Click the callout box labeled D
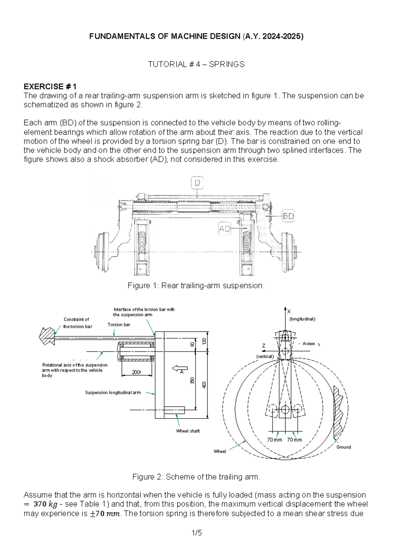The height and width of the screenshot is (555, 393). click(x=197, y=183)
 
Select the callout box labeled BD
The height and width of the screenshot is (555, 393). click(x=288, y=216)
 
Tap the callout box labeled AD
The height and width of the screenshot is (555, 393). click(x=225, y=229)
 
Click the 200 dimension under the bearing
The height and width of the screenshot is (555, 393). click(x=136, y=372)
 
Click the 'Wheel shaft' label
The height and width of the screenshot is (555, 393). click(x=188, y=431)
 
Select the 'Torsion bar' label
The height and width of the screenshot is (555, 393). click(x=119, y=325)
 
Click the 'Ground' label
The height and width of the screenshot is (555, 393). click(x=344, y=447)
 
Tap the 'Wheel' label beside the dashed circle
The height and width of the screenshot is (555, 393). click(x=220, y=451)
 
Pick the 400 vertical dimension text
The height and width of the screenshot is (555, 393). click(x=204, y=385)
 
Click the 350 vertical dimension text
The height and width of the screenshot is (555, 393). click(x=192, y=381)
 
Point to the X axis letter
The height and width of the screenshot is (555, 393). click(x=289, y=312)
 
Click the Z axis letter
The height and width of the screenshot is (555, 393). click(x=264, y=346)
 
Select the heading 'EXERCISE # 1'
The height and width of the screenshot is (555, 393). click(x=50, y=86)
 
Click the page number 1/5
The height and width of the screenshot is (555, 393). click(x=196, y=533)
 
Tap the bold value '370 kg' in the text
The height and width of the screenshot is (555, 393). click(x=45, y=504)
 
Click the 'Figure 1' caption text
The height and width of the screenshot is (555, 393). click(x=196, y=286)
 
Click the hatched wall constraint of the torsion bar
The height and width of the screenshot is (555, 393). click(x=46, y=336)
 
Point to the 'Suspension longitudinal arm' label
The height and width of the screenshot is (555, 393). click(x=113, y=392)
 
